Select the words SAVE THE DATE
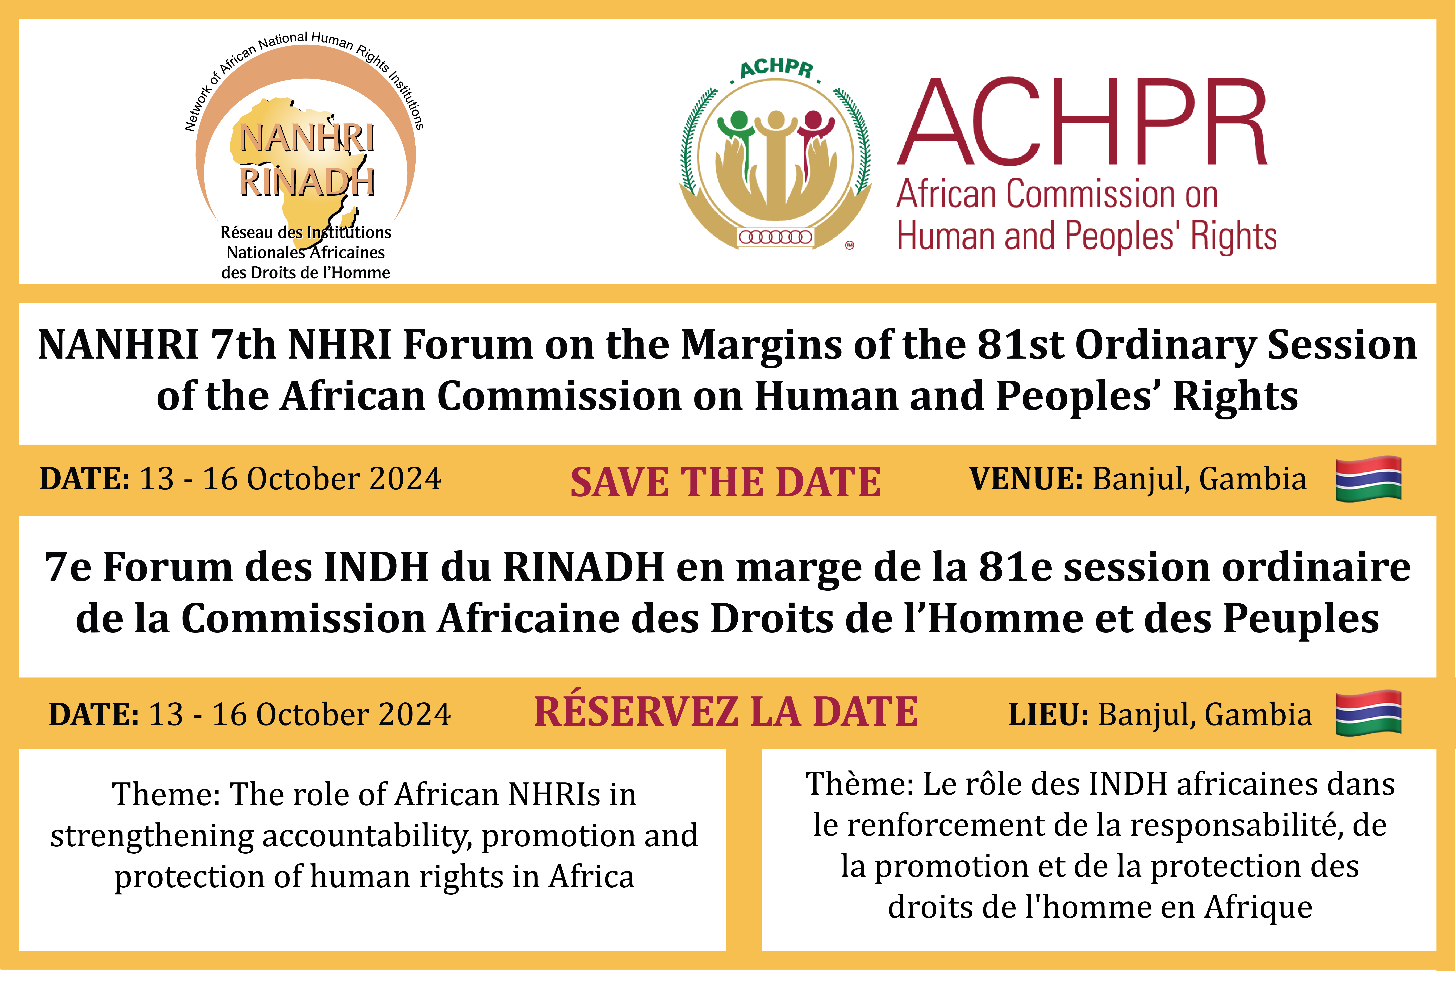[725, 482]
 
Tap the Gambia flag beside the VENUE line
[1369, 479]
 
